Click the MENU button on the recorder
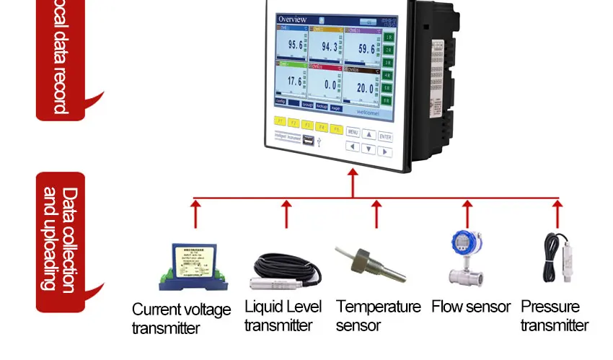pyautogui.click(x=353, y=133)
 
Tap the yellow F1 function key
pyautogui.click(x=281, y=123)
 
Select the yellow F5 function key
pyautogui.click(x=336, y=128)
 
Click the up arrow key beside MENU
pyautogui.click(x=369, y=134)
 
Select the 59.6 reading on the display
pyautogui.click(x=366, y=50)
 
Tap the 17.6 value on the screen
pyautogui.click(x=296, y=82)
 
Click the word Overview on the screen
pyautogui.click(x=293, y=19)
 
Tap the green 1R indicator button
pyautogui.click(x=388, y=37)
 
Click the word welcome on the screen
pyautogui.click(x=368, y=113)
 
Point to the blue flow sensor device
pyautogui.click(x=466, y=259)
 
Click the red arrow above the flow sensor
pyautogui.click(x=466, y=214)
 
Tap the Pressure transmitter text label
pyautogui.click(x=555, y=316)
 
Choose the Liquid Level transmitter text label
pyautogui.click(x=283, y=316)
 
